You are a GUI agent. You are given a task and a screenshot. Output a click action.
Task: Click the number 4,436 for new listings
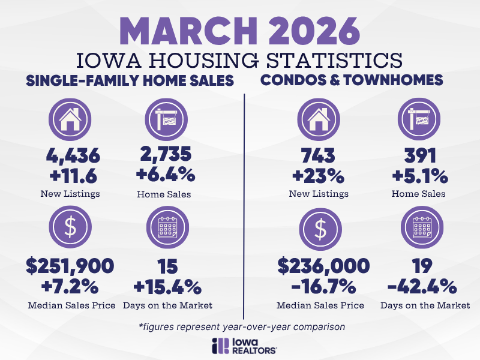[x=73, y=157]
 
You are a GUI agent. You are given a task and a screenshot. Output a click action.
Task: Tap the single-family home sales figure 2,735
[x=167, y=155]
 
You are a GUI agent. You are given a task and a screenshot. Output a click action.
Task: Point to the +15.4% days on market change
[x=167, y=285]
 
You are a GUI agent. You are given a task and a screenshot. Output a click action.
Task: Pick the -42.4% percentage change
[x=425, y=285]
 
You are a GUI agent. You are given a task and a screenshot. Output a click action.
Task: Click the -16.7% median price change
[x=320, y=285]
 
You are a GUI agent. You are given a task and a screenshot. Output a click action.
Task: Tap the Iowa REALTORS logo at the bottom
[x=240, y=345]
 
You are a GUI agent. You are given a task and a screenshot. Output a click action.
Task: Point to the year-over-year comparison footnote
[x=240, y=326]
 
